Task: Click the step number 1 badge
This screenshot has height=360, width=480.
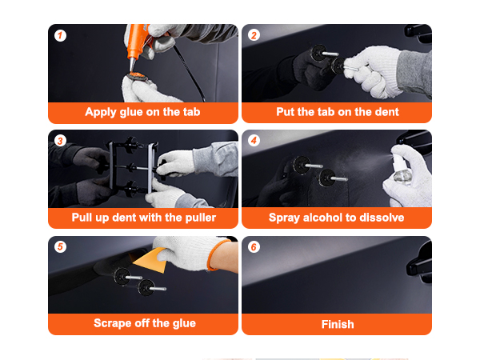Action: [x=60, y=35]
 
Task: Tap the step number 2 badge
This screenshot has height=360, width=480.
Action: [x=254, y=35]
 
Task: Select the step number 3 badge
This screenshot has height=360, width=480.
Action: [x=60, y=141]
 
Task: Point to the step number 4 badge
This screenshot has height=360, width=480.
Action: [x=254, y=141]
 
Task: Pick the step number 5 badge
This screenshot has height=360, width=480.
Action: [x=60, y=246]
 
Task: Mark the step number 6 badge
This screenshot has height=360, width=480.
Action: [x=254, y=246]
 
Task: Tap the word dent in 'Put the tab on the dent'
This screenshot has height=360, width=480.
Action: [x=386, y=112]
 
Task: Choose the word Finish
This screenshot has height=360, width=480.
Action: [x=338, y=324]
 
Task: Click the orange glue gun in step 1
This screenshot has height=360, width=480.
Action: [x=137, y=44]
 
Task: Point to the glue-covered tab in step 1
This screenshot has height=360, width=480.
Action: [x=137, y=76]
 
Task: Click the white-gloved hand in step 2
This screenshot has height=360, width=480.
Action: [x=373, y=72]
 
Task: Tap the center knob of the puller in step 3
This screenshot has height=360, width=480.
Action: [x=132, y=167]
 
